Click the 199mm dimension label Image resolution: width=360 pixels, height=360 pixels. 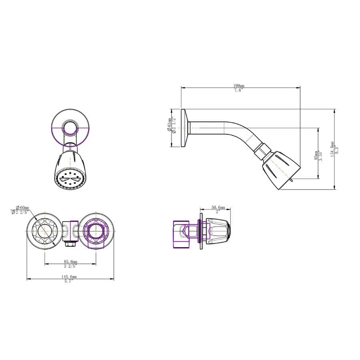(239, 86)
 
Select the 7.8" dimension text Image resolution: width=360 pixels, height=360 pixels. (239, 90)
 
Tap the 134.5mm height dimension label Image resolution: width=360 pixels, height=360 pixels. (332, 149)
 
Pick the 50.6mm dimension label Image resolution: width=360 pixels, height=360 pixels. (218, 207)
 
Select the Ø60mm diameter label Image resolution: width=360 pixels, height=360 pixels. (22, 207)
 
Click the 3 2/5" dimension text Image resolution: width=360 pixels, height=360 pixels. (70, 266)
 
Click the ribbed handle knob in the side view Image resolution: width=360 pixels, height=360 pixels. (219, 232)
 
